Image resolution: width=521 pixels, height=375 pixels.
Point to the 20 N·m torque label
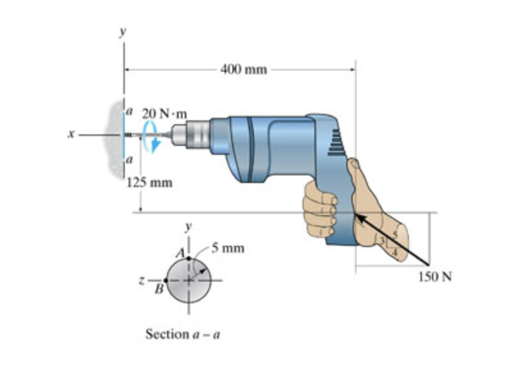tap(164, 113)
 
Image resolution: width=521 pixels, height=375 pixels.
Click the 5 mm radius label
tap(228, 248)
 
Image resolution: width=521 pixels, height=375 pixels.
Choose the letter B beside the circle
tap(156, 289)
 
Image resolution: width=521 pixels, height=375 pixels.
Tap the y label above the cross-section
tap(188, 227)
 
